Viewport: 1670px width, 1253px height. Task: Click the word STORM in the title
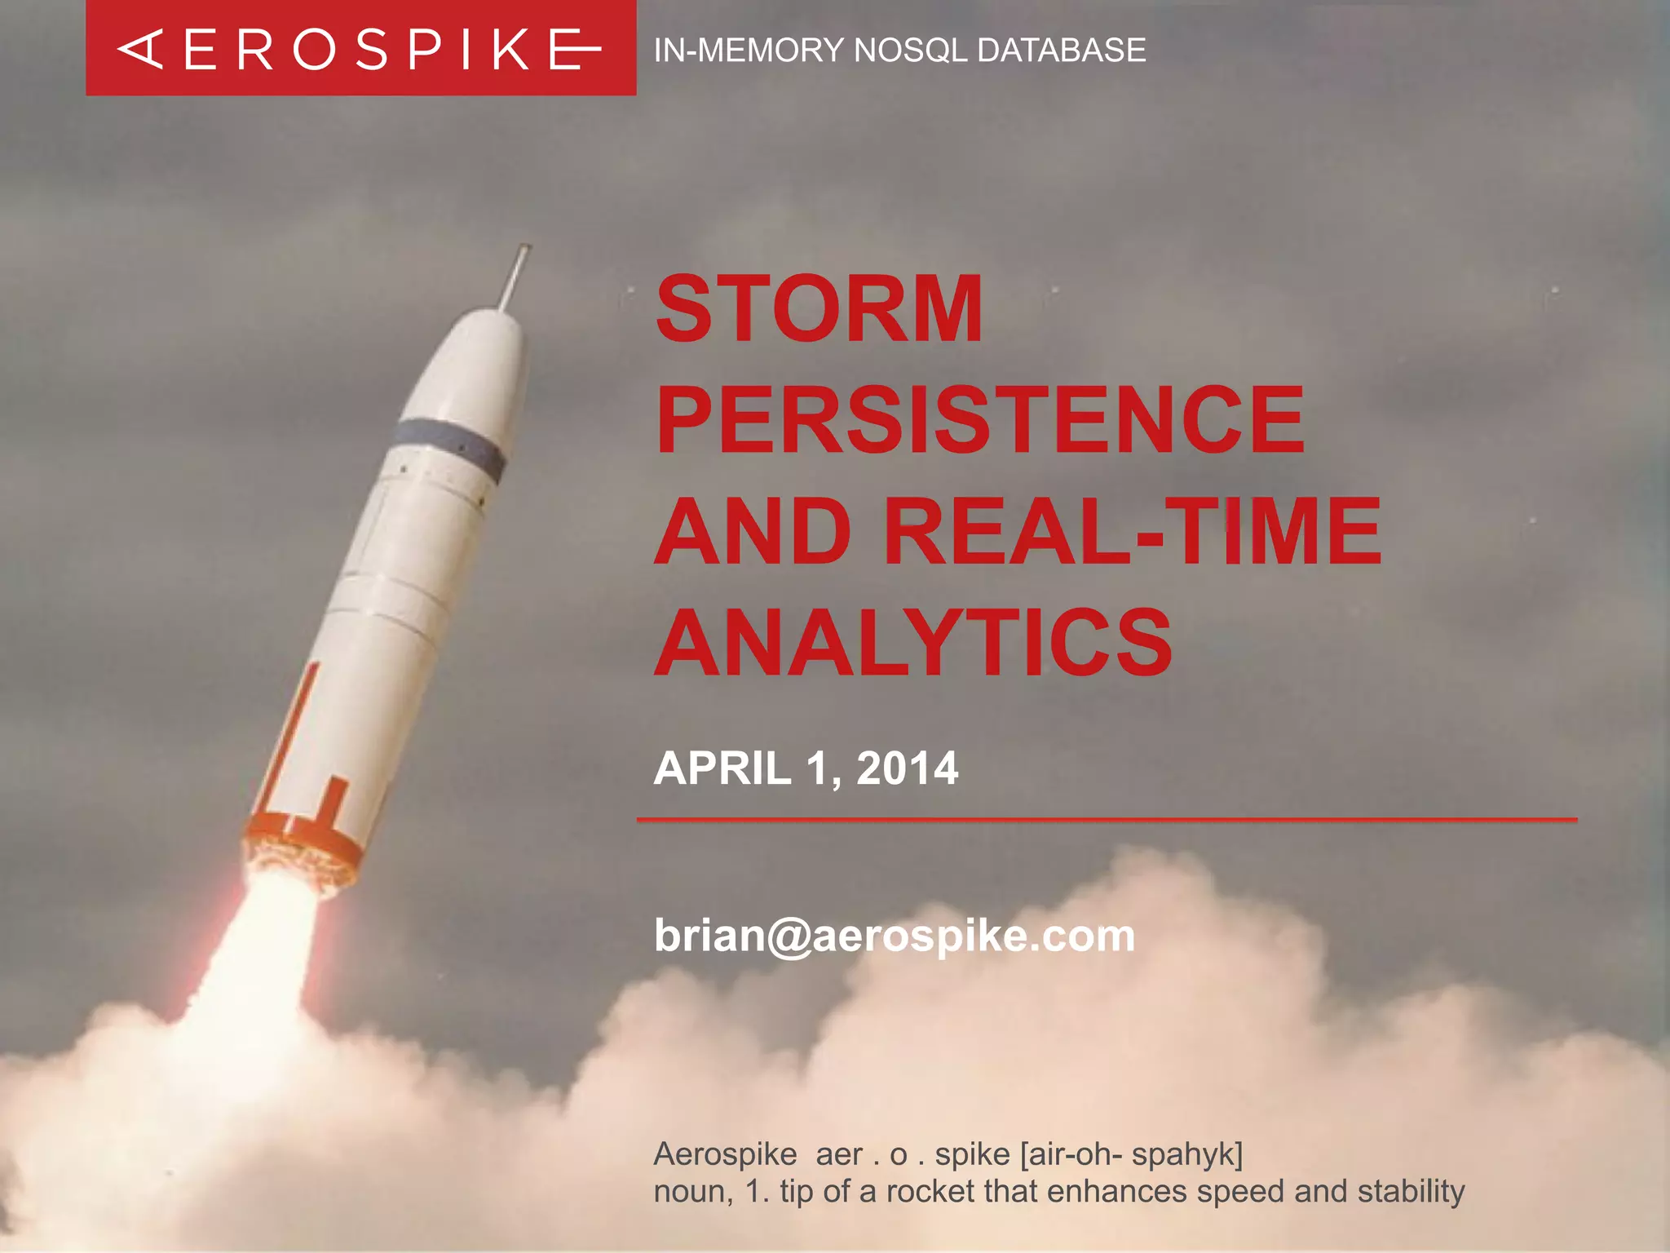click(x=819, y=309)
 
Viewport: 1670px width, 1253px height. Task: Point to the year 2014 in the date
click(x=907, y=768)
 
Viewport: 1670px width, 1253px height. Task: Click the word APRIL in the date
click(x=722, y=768)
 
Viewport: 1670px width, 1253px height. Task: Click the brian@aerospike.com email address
click(x=894, y=936)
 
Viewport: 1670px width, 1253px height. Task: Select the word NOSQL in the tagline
click(x=912, y=51)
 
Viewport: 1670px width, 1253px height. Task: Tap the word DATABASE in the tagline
click(x=1061, y=51)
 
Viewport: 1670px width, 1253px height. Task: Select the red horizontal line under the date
click(x=1106, y=819)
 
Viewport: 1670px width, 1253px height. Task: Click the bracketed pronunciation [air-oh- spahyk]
click(x=1131, y=1154)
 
